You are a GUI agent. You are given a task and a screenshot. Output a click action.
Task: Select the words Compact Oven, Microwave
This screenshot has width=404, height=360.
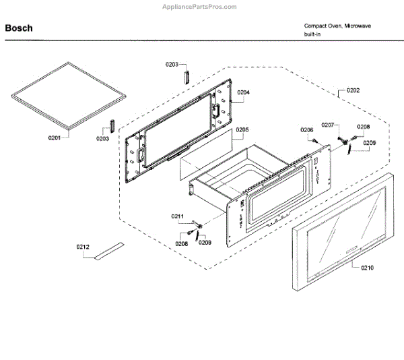tap(337, 26)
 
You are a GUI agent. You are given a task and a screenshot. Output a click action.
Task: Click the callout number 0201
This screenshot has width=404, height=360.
tap(55, 138)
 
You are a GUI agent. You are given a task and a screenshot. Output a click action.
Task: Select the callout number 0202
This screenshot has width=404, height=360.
tap(353, 90)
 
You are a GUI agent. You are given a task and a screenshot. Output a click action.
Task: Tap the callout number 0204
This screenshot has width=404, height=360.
tap(244, 92)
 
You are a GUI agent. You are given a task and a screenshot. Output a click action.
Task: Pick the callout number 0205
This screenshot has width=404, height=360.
tap(242, 129)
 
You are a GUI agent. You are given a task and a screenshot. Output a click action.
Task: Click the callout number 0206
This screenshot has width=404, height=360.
tap(307, 130)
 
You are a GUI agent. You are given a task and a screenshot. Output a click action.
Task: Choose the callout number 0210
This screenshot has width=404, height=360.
tap(367, 268)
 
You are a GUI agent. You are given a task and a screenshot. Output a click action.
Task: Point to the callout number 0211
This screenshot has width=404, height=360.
tap(177, 216)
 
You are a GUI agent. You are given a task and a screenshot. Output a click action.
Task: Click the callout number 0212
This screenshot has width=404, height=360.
tap(82, 247)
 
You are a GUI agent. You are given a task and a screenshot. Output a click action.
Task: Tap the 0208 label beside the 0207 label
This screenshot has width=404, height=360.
tap(364, 127)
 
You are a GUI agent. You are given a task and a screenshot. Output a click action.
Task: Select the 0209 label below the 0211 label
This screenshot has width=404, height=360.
tap(205, 243)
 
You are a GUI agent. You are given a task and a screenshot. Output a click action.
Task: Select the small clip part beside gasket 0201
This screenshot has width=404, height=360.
tap(113, 127)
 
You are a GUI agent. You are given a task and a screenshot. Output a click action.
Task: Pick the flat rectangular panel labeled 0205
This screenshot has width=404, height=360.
tap(202, 157)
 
